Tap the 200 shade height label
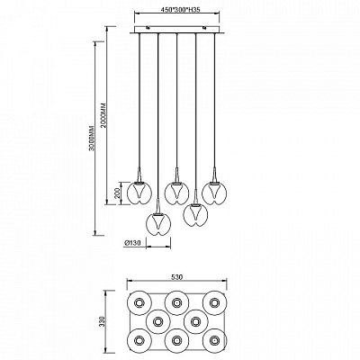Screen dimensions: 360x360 click(x=118, y=193)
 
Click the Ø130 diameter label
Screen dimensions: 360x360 click(x=132, y=243)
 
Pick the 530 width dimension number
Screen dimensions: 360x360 click(x=177, y=277)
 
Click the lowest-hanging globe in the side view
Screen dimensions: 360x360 click(x=158, y=224)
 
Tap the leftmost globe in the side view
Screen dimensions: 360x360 click(x=139, y=193)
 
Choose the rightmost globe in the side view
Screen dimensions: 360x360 click(x=214, y=193)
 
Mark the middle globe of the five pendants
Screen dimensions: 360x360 click(x=176, y=193)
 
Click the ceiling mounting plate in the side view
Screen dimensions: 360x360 click(x=177, y=30)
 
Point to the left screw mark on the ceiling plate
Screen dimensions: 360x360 click(x=148, y=28)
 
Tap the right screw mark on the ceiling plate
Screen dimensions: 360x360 click(x=205, y=28)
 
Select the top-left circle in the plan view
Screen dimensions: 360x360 click(x=139, y=303)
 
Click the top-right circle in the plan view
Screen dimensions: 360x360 click(x=214, y=303)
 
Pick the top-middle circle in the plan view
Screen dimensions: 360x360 click(x=177, y=303)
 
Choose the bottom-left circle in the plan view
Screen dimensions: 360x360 click(x=139, y=340)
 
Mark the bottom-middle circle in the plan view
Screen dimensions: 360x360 click(x=177, y=340)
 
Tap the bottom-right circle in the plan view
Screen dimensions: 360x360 click(x=214, y=340)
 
